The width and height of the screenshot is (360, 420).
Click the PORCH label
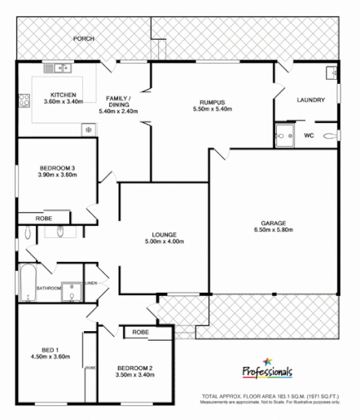tap(83, 38)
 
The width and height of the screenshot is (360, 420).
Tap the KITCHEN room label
tap(63, 95)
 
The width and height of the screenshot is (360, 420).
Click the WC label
tap(309, 135)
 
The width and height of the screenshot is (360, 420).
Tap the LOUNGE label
tap(164, 234)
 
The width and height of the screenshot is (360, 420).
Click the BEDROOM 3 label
tap(57, 167)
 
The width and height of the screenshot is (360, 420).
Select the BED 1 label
tap(46, 348)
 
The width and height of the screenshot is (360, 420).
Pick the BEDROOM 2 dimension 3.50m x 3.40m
tap(134, 376)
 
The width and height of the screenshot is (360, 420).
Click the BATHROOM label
tap(48, 289)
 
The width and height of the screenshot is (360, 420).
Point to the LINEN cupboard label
tap(92, 283)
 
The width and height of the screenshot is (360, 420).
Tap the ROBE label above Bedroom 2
tap(141, 333)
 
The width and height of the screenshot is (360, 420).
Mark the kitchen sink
tap(55, 69)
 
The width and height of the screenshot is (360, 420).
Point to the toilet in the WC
tap(329, 136)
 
